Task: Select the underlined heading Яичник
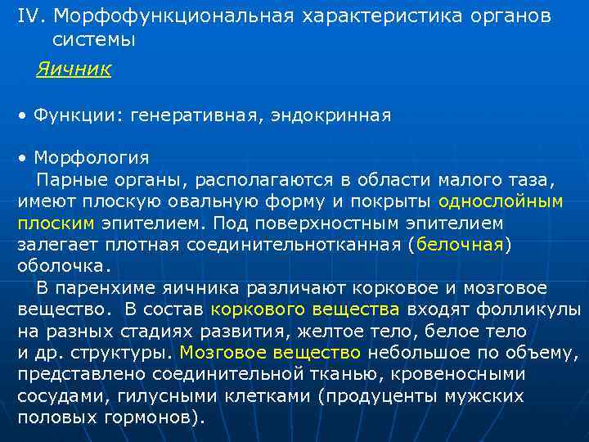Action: click(74, 70)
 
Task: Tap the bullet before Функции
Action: click(24, 117)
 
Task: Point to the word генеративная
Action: click(191, 116)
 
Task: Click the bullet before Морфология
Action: click(24, 157)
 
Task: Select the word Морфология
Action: click(91, 156)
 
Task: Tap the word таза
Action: click(531, 179)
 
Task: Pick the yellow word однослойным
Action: click(500, 201)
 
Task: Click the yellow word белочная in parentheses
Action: click(460, 244)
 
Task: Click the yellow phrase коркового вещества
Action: click(304, 309)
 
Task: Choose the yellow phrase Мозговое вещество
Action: click(270, 353)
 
